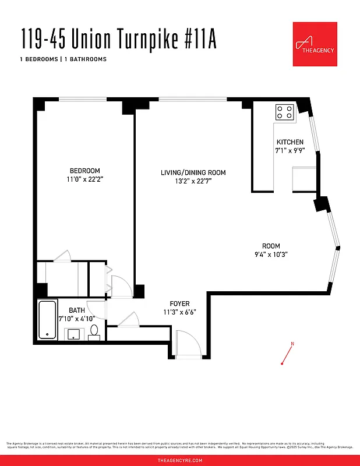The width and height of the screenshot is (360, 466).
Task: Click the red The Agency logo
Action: (315, 44)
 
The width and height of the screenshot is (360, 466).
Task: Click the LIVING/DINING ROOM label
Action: (193, 172)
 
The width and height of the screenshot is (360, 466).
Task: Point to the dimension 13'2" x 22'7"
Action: (193, 182)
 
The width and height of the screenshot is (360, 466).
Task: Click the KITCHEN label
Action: (290, 142)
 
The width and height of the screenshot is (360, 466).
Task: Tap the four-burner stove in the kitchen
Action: (285, 111)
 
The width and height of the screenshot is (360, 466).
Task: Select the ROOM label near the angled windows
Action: (271, 246)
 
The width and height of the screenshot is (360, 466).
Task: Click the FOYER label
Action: (179, 303)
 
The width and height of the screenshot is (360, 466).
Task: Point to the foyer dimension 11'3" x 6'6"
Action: (179, 312)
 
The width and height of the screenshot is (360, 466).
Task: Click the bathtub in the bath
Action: (47, 319)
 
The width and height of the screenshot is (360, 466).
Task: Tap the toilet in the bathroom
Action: (94, 333)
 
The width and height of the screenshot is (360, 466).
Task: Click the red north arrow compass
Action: (287, 354)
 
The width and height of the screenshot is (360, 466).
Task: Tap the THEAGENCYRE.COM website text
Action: (180, 460)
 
